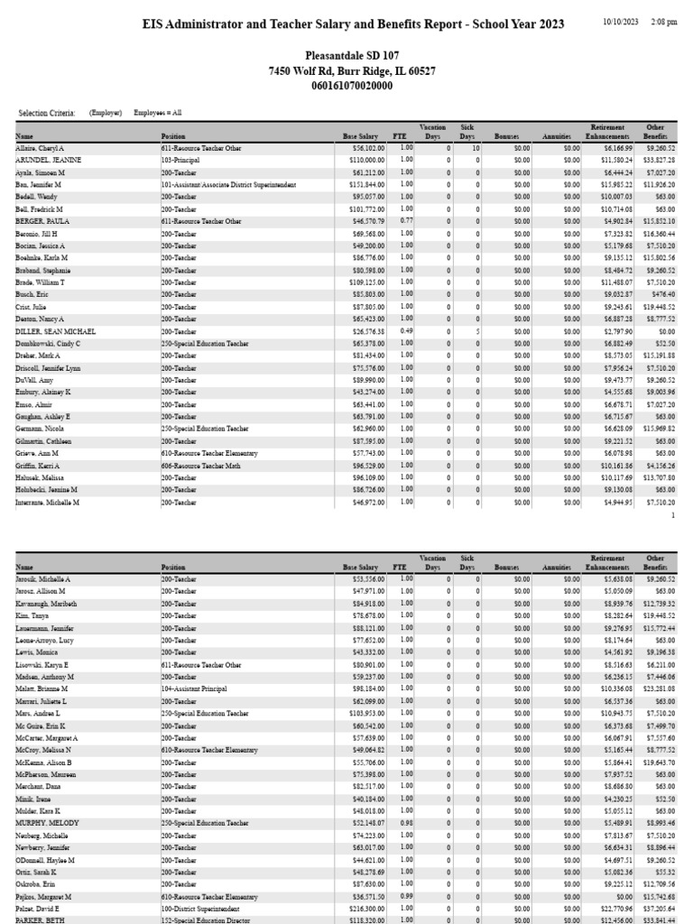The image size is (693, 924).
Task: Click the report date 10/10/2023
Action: [x=620, y=22]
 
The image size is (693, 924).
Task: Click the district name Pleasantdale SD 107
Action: [x=346, y=56]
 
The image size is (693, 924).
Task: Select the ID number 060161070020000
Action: [x=346, y=86]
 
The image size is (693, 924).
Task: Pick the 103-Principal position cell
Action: [x=181, y=160]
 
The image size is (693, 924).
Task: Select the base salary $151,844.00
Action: [x=365, y=184]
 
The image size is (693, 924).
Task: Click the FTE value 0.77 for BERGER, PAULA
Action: [x=406, y=221]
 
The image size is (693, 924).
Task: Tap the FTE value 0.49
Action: [x=406, y=331]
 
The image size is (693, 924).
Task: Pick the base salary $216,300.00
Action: [x=365, y=910]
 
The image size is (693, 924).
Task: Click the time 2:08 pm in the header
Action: [x=663, y=22]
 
